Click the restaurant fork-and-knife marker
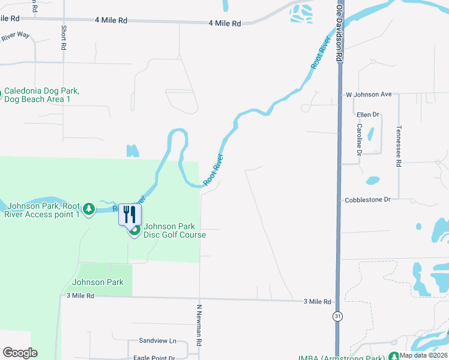click(130, 214)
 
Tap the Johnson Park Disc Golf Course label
click(175, 230)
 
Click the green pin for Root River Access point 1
click(89, 209)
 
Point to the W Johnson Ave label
click(369, 94)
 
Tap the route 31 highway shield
click(339, 317)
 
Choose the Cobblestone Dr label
click(367, 199)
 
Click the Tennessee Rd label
click(398, 146)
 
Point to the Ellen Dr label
click(368, 115)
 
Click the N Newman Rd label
click(199, 327)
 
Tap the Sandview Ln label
click(157, 341)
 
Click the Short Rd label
click(63, 38)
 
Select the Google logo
click(20, 353)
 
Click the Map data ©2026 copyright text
click(423, 355)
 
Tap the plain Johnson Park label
click(97, 282)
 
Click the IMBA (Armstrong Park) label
click(351, 355)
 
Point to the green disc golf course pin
click(134, 230)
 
